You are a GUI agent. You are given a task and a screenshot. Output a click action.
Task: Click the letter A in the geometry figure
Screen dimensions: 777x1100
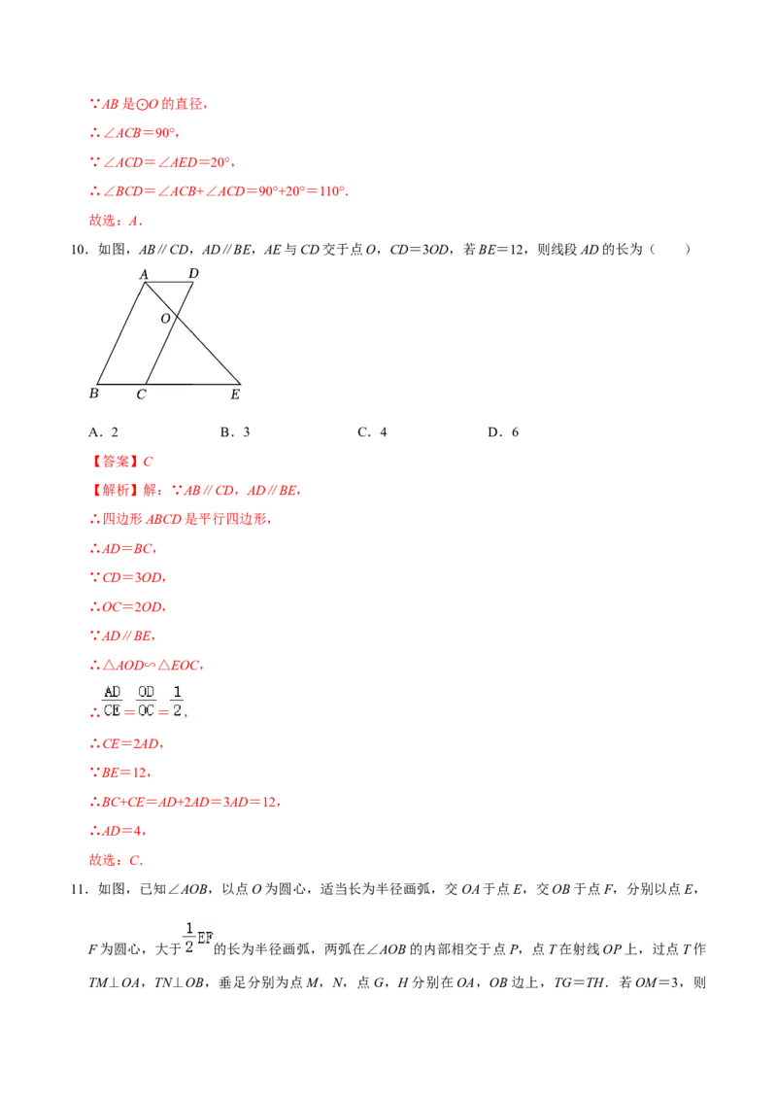pyautogui.click(x=144, y=274)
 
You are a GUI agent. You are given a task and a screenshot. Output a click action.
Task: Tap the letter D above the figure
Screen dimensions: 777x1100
pyautogui.click(x=193, y=273)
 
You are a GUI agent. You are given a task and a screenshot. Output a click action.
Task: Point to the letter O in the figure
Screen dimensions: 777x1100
pyautogui.click(x=165, y=318)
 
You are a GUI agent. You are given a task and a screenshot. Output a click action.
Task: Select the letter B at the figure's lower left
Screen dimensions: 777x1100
pyautogui.click(x=93, y=394)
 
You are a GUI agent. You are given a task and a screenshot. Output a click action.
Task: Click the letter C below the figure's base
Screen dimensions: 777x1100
pyautogui.click(x=141, y=395)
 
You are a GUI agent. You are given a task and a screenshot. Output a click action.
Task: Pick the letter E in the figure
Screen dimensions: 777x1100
pyautogui.click(x=235, y=395)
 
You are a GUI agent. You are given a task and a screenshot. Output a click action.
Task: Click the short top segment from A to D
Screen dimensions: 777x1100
pyautogui.click(x=169, y=283)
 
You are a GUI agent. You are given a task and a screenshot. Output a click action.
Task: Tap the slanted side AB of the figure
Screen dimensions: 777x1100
pyautogui.click(x=120, y=333)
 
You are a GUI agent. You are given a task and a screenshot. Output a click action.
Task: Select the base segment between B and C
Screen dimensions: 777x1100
pyautogui.click(x=121, y=384)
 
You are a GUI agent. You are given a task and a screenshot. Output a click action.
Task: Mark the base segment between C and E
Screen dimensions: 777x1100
pyautogui.click(x=194, y=384)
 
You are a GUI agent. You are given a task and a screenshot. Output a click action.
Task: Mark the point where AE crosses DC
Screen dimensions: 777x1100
pyautogui.click(x=174, y=311)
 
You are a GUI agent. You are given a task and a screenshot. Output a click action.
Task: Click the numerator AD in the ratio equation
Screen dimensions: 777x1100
pyautogui.click(x=113, y=692)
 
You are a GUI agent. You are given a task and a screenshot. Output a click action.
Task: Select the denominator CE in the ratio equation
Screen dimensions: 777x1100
pyautogui.click(x=113, y=710)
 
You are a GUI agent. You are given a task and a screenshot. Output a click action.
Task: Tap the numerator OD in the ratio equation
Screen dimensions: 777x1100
pyautogui.click(x=146, y=692)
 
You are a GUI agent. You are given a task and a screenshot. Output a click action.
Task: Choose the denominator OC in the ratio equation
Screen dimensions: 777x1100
pyautogui.click(x=146, y=710)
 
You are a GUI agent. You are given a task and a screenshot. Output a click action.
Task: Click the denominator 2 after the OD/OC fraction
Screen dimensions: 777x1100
pyautogui.click(x=177, y=710)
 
